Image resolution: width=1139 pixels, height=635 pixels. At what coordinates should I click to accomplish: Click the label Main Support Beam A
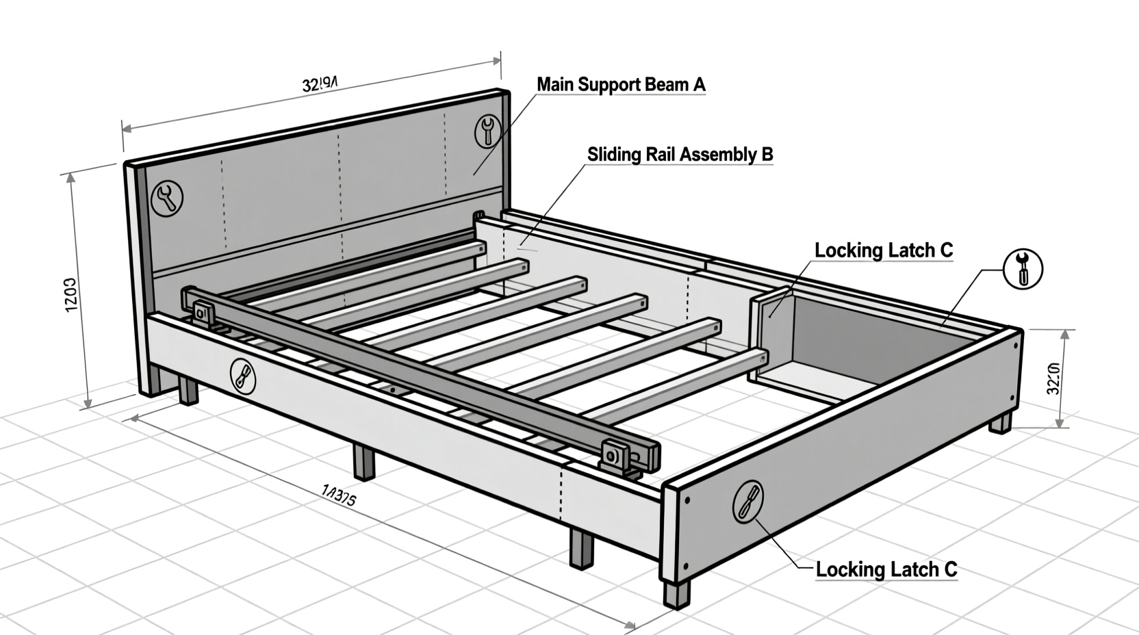coord(620,85)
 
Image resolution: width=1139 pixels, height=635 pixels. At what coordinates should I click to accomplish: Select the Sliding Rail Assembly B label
coord(680,155)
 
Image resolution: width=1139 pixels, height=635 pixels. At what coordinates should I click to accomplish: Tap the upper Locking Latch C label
coord(883,250)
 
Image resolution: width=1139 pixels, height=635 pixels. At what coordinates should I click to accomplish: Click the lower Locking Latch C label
coord(886,569)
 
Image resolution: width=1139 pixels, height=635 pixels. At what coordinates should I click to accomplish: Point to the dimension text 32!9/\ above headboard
coord(319,84)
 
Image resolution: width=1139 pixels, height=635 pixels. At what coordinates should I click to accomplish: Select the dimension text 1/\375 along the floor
coord(338,495)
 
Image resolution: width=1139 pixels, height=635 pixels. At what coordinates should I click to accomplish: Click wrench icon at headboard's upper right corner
coord(487,130)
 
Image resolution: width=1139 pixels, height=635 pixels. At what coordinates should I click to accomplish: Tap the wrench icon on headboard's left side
coord(166,198)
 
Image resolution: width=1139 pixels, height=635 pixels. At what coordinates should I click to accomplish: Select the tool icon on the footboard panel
coord(747,501)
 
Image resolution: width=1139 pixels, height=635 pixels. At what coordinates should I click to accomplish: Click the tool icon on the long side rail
coord(242,376)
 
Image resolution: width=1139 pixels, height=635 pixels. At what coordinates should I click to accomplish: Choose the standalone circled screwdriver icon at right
coord(1023,268)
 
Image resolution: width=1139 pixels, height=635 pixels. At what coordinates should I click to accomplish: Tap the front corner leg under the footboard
coord(676,593)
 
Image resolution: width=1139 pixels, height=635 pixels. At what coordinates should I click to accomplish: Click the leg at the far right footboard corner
coord(1000,422)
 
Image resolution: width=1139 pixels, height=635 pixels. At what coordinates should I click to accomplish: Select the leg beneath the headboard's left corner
coord(188,391)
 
